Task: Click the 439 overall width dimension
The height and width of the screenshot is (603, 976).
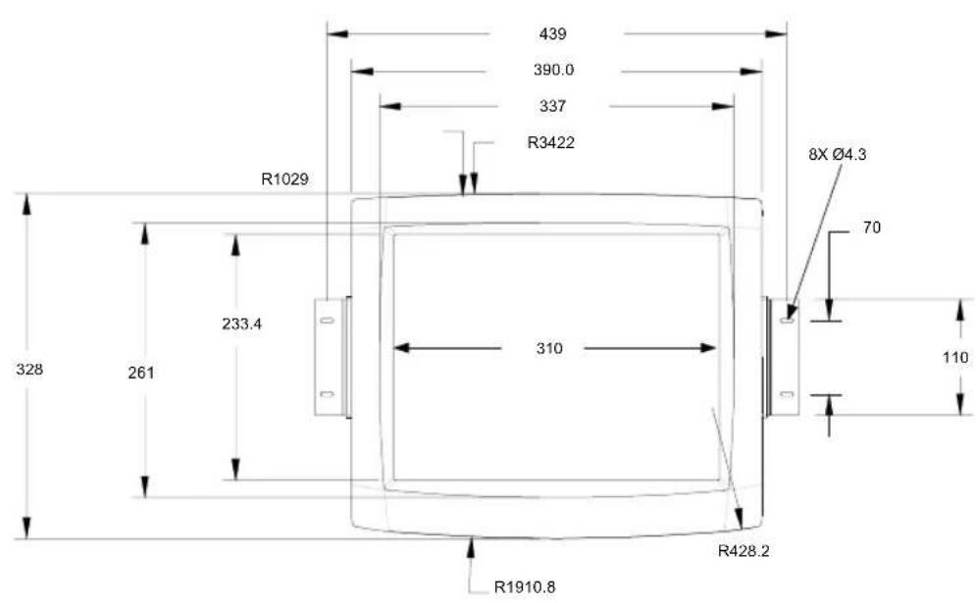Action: coord(552,33)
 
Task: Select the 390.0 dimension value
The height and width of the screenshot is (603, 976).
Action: coord(553,70)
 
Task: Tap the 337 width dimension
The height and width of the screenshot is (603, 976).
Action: coord(552,107)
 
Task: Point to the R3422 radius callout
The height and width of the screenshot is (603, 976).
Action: coord(551,142)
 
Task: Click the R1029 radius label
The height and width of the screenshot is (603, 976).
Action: coord(284,179)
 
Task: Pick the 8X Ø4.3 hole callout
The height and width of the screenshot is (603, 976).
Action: coord(837,154)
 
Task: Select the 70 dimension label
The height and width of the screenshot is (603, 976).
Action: coord(872,227)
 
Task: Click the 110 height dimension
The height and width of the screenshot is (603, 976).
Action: coord(955,357)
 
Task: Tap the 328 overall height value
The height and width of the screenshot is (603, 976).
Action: coord(29,369)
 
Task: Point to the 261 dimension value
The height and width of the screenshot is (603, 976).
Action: coord(140,373)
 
